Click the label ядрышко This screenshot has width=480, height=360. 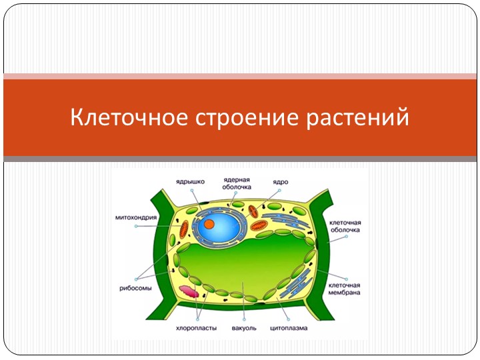click(x=190, y=181)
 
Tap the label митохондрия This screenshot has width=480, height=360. click(x=136, y=217)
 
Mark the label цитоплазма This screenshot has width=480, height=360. click(x=289, y=329)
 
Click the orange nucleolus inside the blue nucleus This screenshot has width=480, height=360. click(x=209, y=224)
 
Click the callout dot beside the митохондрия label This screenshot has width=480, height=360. click(x=136, y=227)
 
